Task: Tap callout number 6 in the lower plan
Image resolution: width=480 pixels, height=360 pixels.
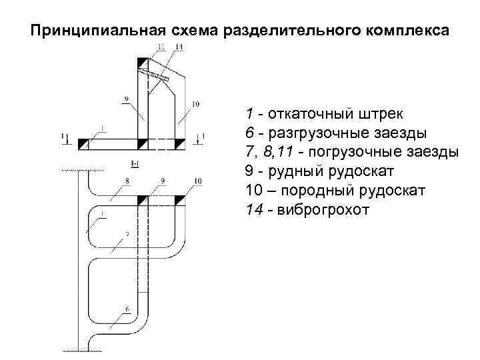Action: (127, 309)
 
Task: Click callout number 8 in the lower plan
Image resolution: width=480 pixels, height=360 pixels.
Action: (127, 181)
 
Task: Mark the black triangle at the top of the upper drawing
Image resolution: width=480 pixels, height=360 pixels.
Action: (143, 63)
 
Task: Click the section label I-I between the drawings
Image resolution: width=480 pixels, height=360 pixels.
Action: (134, 163)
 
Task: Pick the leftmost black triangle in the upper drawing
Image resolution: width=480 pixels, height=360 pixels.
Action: (83, 143)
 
